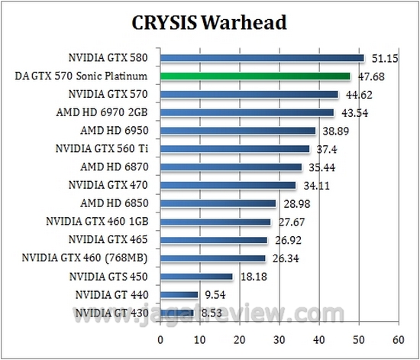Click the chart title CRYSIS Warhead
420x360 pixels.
point(209,22)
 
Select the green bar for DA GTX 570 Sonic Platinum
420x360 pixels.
point(255,76)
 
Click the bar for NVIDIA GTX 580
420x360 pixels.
point(262,58)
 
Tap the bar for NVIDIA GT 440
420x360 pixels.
point(179,294)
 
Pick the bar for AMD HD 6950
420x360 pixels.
point(237,131)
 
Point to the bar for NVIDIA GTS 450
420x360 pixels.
point(196,276)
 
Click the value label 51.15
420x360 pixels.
point(385,58)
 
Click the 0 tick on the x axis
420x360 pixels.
point(160,339)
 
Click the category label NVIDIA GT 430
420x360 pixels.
point(115,312)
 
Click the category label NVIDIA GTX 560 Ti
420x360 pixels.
point(106,148)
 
